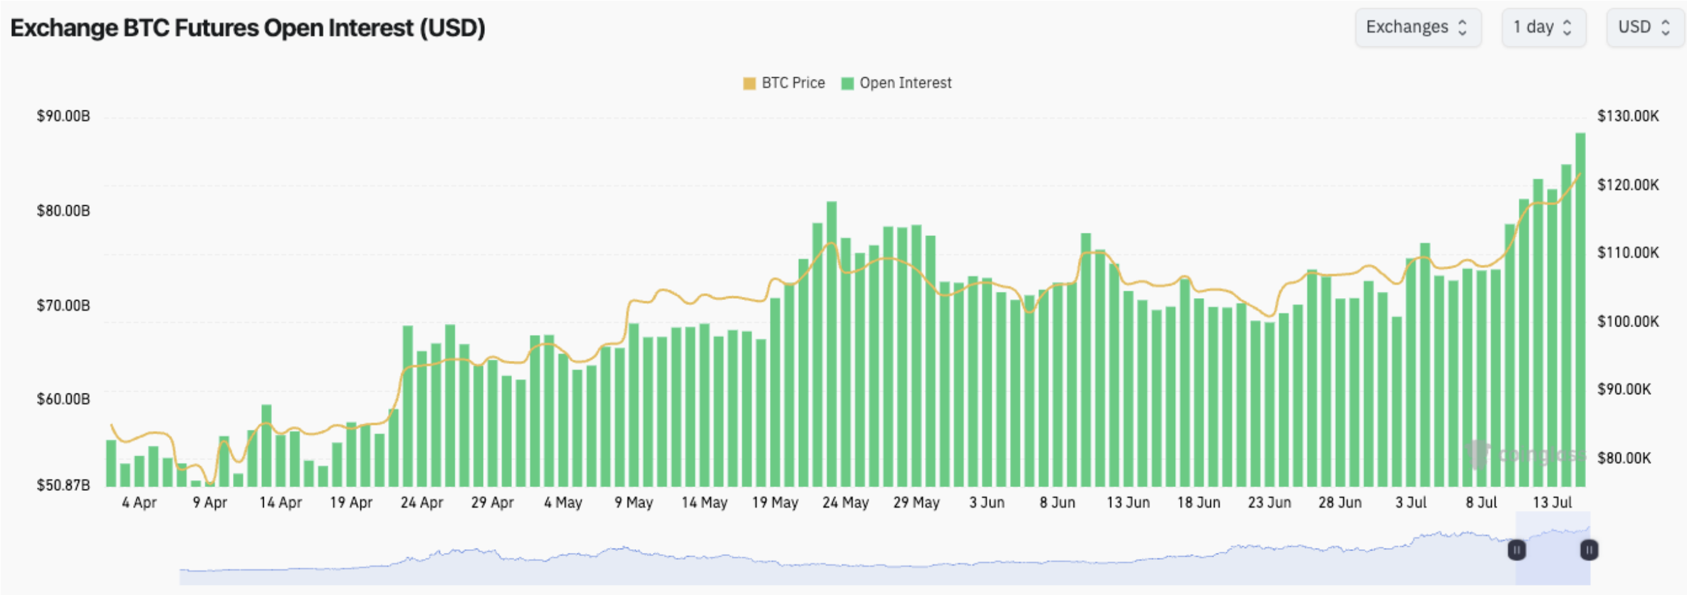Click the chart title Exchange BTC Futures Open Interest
247,28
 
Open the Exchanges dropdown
1417,28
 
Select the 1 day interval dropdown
1543,28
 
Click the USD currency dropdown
1643,28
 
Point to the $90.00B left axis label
63,117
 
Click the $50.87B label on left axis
63,485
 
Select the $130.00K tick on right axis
1628,117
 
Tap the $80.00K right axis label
1624,458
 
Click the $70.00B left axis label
63,306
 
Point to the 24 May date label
845,503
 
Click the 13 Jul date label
1552,503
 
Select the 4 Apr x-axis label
139,503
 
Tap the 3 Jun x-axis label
987,503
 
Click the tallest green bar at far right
1580,308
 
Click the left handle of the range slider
1517,550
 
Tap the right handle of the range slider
1589,550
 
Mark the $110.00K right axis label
1628,253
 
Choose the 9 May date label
633,503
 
